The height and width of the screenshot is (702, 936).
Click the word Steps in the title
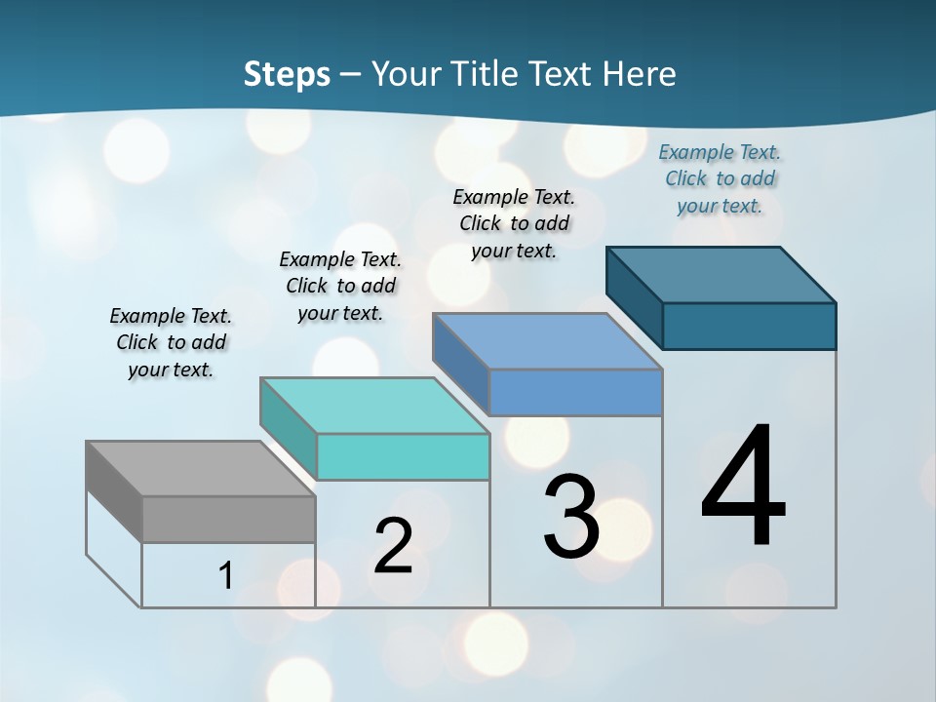(x=286, y=74)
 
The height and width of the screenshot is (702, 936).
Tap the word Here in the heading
(x=640, y=74)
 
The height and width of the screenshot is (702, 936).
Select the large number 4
(x=743, y=487)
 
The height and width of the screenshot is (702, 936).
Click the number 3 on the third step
(x=571, y=517)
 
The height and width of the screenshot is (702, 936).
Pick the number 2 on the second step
(x=393, y=546)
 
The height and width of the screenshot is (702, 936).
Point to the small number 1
(x=226, y=575)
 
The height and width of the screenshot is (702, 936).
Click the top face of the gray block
(x=200, y=469)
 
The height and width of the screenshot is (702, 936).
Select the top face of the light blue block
(x=547, y=341)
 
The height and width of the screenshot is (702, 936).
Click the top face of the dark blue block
(x=721, y=275)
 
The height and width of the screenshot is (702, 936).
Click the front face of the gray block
(x=228, y=519)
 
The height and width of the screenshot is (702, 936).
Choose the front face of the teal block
(x=403, y=456)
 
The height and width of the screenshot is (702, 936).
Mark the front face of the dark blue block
(x=749, y=326)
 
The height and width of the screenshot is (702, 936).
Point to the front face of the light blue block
(x=575, y=392)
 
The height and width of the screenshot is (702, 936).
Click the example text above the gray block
(x=171, y=343)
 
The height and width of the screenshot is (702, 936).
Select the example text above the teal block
(x=340, y=287)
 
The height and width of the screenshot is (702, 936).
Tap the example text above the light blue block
(x=514, y=223)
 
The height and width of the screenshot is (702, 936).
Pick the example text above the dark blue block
(x=720, y=179)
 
